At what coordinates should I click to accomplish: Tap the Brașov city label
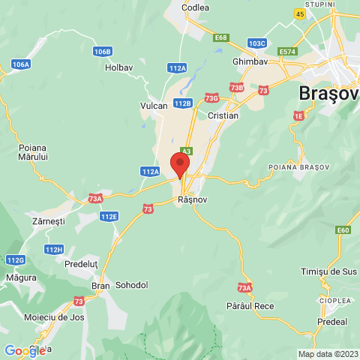[328, 94]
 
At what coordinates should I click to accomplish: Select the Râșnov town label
[193, 201]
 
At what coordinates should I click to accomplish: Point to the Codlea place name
[196, 7]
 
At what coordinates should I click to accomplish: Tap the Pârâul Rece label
[250, 306]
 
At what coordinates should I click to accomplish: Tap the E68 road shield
[220, 37]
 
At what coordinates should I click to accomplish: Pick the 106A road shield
[21, 64]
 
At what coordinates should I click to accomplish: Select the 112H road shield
[54, 250]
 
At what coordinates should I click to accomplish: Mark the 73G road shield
[211, 97]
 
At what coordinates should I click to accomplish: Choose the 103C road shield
[256, 43]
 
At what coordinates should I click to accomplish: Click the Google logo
[25, 351]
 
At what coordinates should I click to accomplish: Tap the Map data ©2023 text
[327, 354]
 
